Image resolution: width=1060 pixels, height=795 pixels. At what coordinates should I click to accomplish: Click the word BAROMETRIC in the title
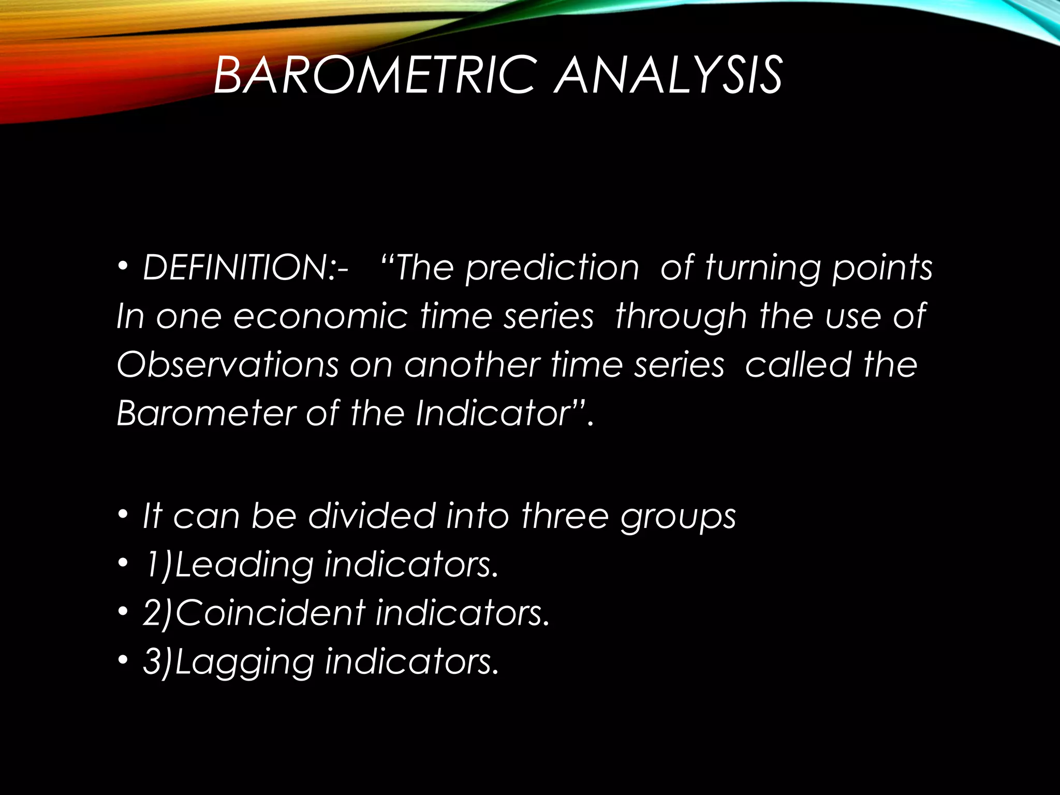click(x=373, y=76)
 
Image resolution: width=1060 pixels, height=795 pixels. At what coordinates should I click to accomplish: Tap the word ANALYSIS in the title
click(x=668, y=76)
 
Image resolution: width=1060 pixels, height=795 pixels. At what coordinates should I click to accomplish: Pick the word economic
click(x=321, y=316)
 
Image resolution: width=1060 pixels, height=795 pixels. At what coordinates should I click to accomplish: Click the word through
click(x=681, y=316)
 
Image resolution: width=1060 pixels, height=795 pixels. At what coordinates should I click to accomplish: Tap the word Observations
click(x=227, y=364)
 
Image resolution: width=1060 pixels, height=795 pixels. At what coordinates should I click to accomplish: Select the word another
click(x=472, y=364)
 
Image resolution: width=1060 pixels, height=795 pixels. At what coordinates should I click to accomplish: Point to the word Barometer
click(x=206, y=413)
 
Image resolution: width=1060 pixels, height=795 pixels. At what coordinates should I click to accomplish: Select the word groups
click(x=678, y=517)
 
